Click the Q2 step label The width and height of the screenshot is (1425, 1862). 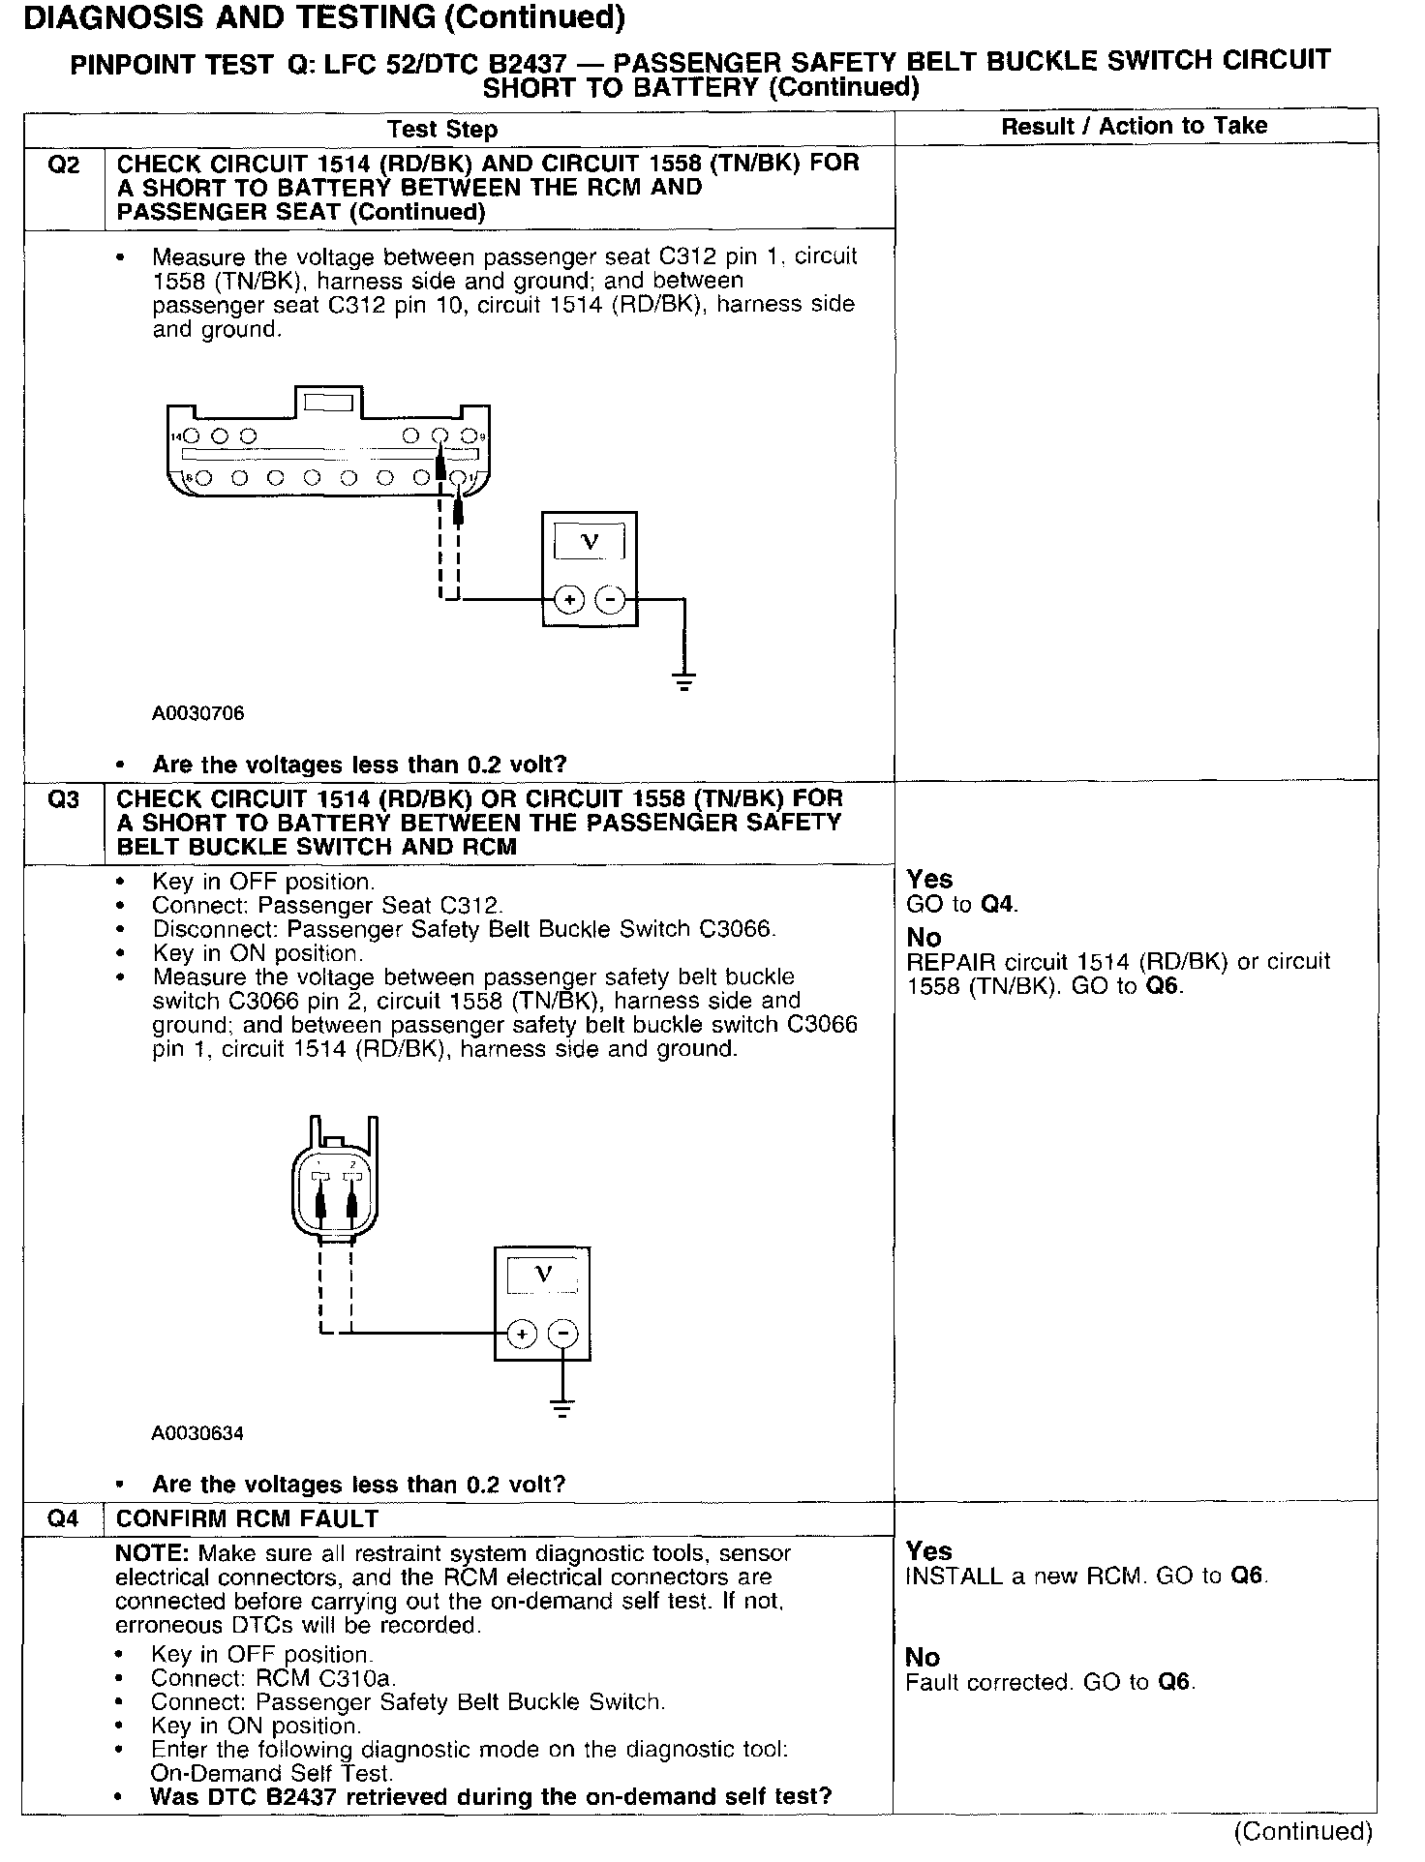pyautogui.click(x=63, y=165)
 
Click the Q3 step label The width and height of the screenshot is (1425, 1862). pyautogui.click(x=63, y=800)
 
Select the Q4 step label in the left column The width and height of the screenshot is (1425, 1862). pyautogui.click(x=63, y=1518)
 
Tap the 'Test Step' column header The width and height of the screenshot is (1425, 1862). pyautogui.click(x=442, y=130)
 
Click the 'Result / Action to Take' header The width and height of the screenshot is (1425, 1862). pyautogui.click(x=1134, y=126)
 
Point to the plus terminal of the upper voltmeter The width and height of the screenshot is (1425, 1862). pyautogui.click(x=569, y=600)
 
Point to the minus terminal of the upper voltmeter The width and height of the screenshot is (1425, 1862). pyautogui.click(x=610, y=600)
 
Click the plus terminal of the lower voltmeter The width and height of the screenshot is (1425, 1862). pyautogui.click(x=522, y=1335)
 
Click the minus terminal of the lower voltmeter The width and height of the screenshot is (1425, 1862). pyautogui.click(x=562, y=1335)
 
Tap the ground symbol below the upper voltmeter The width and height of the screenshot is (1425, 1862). pyautogui.click(x=684, y=680)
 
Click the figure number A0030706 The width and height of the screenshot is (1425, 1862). pyautogui.click(x=197, y=714)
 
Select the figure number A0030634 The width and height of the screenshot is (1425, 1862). pyautogui.click(x=197, y=1433)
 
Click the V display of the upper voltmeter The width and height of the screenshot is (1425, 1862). pyautogui.click(x=589, y=543)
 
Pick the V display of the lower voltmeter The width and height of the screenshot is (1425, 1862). pyautogui.click(x=543, y=1276)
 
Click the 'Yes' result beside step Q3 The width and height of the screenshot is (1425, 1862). pyautogui.click(x=929, y=879)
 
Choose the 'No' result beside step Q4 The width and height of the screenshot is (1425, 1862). pyautogui.click(x=923, y=1658)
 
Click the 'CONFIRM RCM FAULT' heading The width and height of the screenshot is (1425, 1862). pyautogui.click(x=247, y=1519)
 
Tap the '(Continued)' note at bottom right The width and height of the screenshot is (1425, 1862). pyautogui.click(x=1302, y=1831)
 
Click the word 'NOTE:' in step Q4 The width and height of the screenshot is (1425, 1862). pyautogui.click(x=153, y=1553)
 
